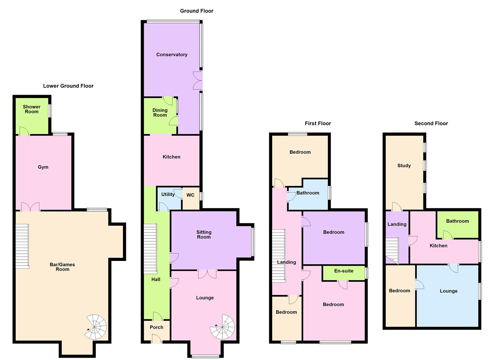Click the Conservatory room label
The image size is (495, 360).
[172, 55]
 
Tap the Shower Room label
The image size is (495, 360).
[32, 109]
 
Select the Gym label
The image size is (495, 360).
[43, 167]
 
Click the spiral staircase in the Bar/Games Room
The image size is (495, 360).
[95, 327]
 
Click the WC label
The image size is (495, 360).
[190, 195]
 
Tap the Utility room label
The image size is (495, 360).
[168, 194]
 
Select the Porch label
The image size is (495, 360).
[156, 327]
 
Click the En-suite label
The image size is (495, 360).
[344, 271]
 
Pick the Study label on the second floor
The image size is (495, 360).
[404, 166]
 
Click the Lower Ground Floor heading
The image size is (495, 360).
[68, 86]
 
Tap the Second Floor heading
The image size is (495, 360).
[431, 123]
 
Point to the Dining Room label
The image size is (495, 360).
[160, 113]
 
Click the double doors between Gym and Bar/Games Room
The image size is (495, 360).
[30, 207]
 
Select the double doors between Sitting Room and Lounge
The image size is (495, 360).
[207, 274]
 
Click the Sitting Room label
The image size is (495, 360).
[204, 235]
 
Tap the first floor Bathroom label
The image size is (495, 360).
[308, 193]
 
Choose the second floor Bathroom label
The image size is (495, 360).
[457, 221]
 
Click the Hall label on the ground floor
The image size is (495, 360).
[156, 280]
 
